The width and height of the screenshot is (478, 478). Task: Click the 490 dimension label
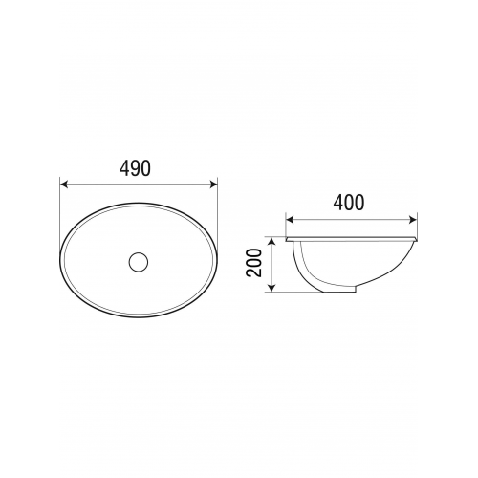[x=135, y=168]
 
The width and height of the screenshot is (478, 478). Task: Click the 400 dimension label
[x=349, y=203]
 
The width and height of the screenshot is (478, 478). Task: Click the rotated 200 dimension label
[x=254, y=263]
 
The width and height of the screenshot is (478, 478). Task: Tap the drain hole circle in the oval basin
[x=139, y=262]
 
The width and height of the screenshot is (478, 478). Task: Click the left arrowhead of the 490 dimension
[x=64, y=185]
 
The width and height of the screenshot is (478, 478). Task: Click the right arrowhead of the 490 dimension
[x=213, y=185]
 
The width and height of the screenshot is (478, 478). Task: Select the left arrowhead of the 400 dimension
[x=290, y=219]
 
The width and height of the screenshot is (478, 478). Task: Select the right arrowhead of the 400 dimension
[x=413, y=219]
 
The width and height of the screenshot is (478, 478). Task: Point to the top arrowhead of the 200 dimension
[x=272, y=241]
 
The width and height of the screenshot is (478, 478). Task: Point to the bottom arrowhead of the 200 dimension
[x=272, y=288]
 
